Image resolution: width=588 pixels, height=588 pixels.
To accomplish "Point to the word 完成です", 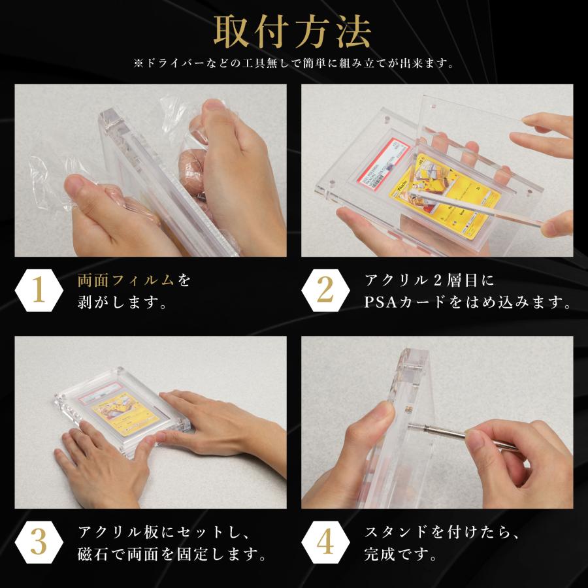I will point(399,555).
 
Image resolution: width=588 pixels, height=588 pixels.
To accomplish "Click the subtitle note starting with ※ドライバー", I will point(293,64).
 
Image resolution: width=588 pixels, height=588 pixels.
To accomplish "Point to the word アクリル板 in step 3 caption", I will point(118,532).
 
